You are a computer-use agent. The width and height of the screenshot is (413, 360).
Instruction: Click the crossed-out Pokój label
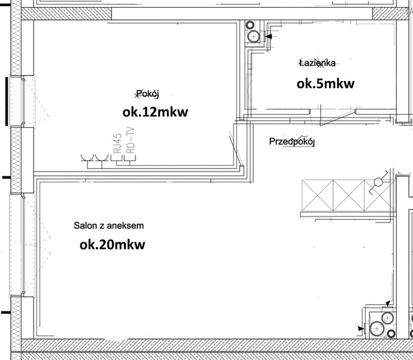(147, 94)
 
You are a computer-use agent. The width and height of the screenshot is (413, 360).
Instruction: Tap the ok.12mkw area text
(155, 112)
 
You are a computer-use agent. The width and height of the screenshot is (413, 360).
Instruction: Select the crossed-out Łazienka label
(318, 63)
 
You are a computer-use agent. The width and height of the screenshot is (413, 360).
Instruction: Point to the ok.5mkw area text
(325, 83)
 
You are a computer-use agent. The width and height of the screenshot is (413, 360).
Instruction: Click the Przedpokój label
(292, 142)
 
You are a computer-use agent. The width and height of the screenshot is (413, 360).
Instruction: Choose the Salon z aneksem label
(108, 226)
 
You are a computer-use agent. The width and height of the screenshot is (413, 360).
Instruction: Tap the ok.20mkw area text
(113, 245)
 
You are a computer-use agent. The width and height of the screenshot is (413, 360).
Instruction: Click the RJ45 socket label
(117, 143)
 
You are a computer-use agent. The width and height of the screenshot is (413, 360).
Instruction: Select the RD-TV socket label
(131, 140)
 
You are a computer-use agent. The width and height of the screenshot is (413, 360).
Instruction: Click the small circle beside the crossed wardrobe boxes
(378, 182)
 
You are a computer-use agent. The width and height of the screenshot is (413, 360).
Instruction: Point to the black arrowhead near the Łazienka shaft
(269, 37)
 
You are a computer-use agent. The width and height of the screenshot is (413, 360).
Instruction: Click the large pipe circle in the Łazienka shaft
(254, 37)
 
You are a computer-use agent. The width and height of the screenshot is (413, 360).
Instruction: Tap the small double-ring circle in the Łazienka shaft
(250, 25)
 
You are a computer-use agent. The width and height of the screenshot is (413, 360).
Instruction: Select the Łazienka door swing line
(337, 118)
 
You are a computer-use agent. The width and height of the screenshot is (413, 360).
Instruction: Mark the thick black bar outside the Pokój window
(7, 101)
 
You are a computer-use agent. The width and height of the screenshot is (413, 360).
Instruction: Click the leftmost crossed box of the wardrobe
(317, 196)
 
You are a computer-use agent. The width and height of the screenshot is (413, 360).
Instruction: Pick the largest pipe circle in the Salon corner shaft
(377, 329)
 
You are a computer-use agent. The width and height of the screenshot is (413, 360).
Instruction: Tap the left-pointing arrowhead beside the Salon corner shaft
(360, 329)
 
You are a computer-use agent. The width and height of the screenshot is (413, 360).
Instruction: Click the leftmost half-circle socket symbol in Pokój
(88, 157)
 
